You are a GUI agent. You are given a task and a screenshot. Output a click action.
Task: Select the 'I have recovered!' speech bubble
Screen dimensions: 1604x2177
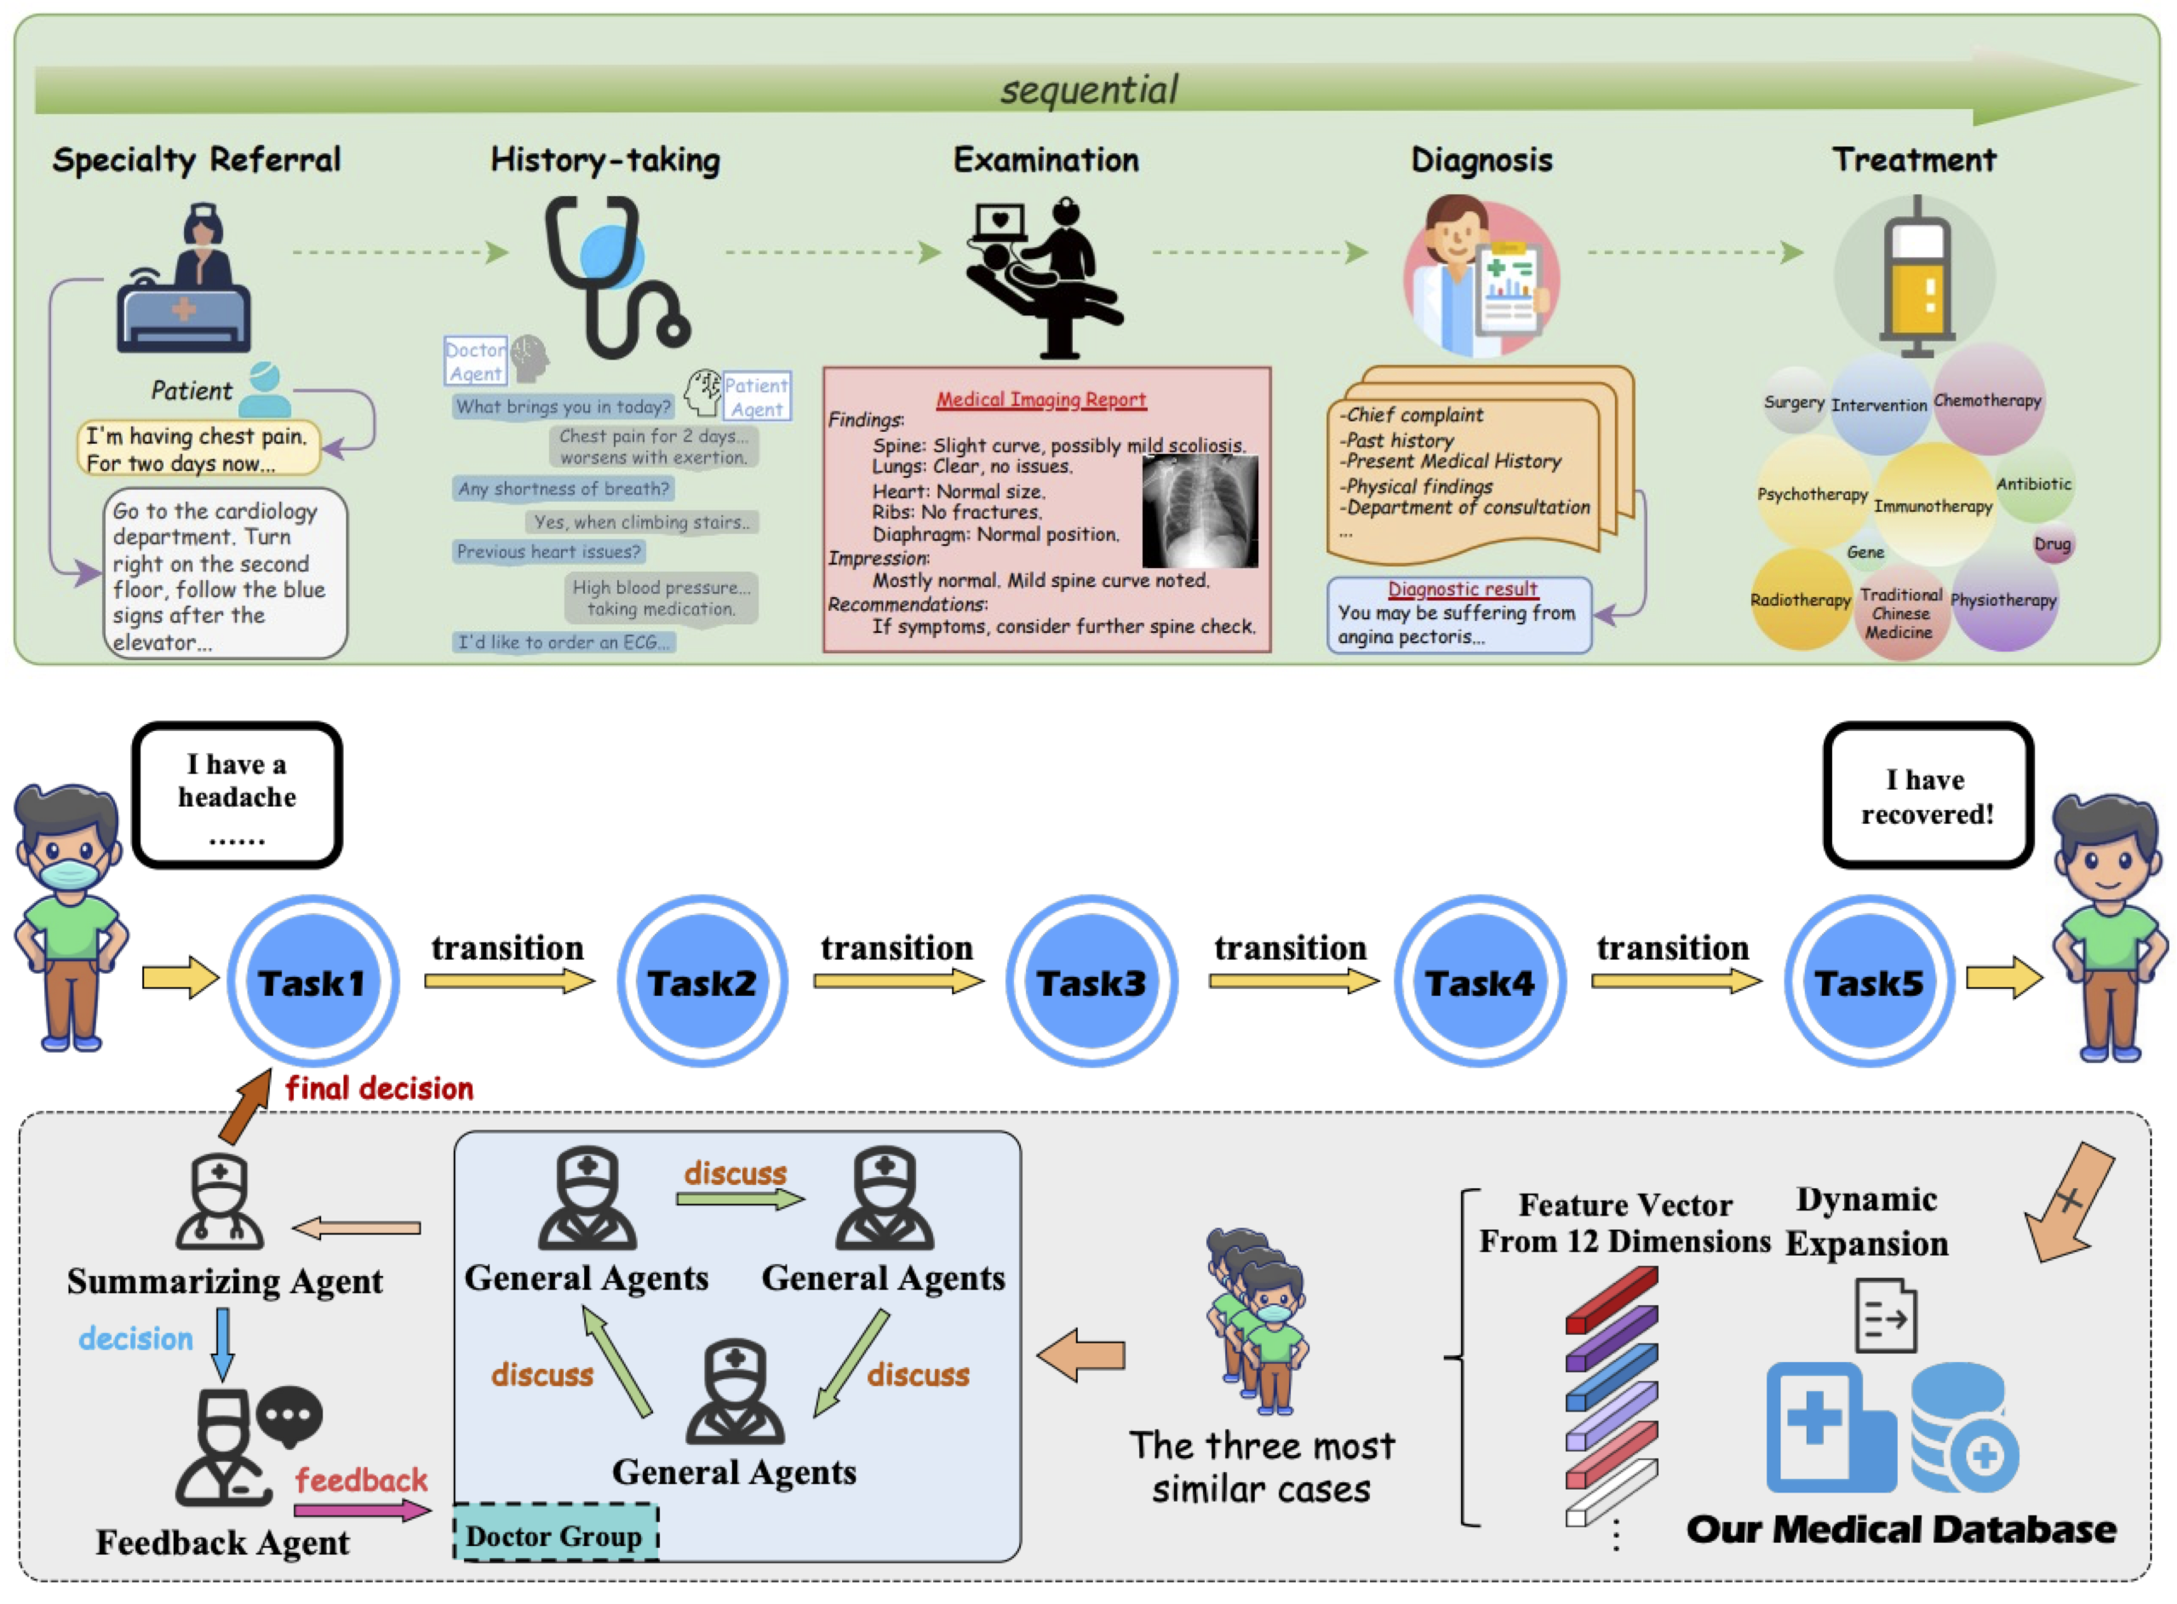click(1928, 796)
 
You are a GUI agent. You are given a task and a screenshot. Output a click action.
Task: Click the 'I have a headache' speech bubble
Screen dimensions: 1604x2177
click(237, 796)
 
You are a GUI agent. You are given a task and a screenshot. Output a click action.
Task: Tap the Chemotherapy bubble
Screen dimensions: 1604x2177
click(1989, 399)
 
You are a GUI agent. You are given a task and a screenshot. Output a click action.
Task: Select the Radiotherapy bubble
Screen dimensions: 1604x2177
click(1801, 599)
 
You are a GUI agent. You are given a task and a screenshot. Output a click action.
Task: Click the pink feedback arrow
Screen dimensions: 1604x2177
click(360, 1509)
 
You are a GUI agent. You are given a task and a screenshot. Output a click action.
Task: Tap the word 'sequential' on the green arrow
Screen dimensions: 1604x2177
click(1089, 89)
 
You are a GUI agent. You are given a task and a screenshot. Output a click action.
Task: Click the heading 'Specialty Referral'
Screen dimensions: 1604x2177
click(197, 159)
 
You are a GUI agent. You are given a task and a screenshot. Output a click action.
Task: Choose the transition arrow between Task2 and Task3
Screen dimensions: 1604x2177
click(897, 981)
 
